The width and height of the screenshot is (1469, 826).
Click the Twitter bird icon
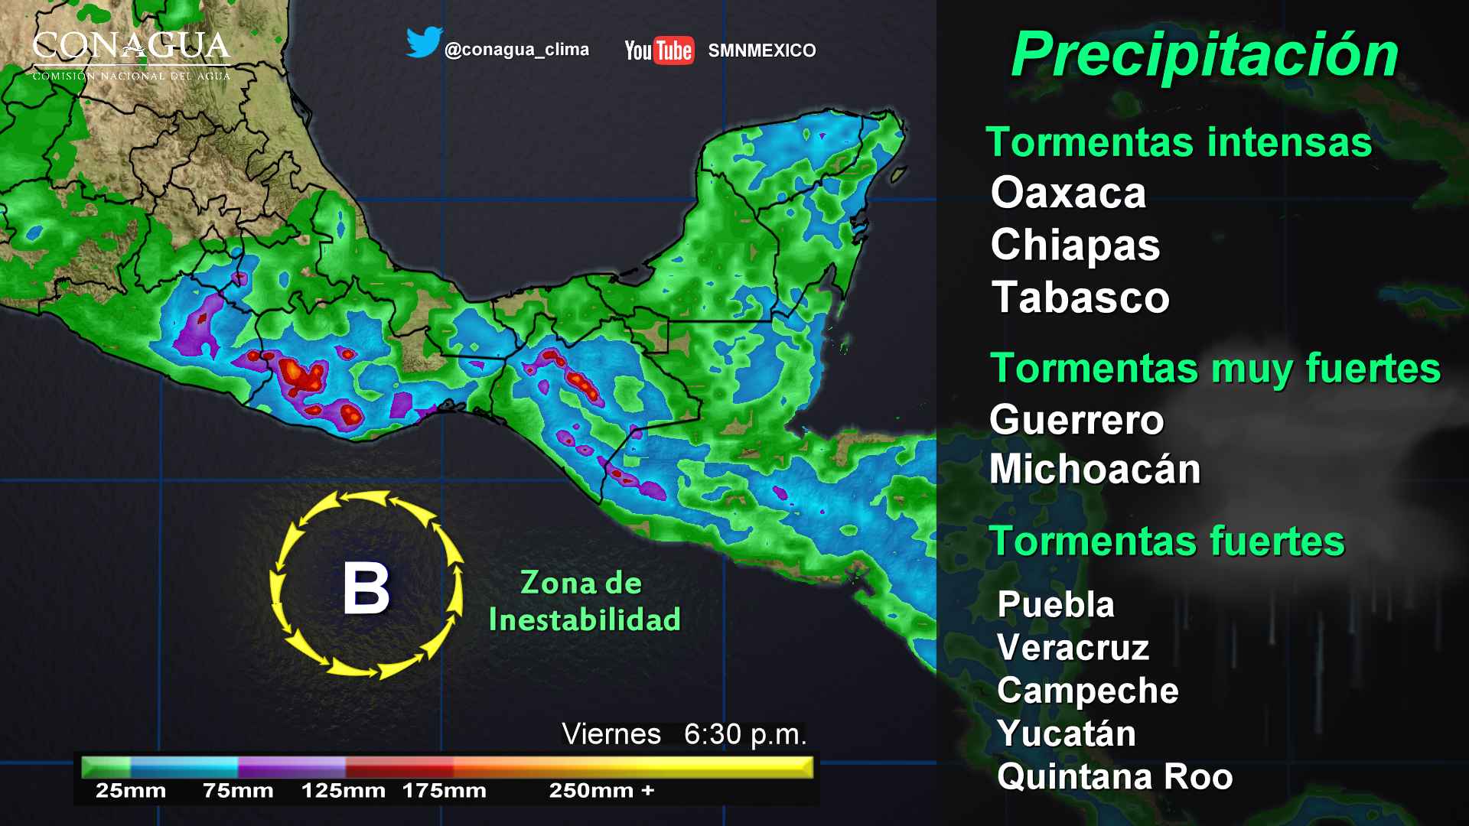click(x=424, y=43)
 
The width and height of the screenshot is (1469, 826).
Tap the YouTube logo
click(x=659, y=50)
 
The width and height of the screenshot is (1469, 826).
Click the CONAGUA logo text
click(x=131, y=48)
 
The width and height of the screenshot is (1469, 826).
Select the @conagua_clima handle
click(x=516, y=50)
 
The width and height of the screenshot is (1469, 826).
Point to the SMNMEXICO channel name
click(x=761, y=50)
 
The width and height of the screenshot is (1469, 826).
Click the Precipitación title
click(x=1204, y=55)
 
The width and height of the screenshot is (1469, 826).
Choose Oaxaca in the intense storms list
click(x=1068, y=192)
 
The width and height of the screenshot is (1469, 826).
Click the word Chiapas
click(x=1075, y=245)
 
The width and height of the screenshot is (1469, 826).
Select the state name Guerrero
click(x=1077, y=420)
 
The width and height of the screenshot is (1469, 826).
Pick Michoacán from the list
click(x=1095, y=469)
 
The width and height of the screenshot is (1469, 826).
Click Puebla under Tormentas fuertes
click(x=1056, y=604)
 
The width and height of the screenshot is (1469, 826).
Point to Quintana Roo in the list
click(x=1115, y=776)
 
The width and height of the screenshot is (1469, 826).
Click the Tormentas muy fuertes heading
click(x=1215, y=369)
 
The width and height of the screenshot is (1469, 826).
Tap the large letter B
click(x=366, y=588)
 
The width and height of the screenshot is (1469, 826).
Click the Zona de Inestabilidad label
click(x=584, y=601)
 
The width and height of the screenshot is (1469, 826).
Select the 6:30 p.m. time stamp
click(x=744, y=734)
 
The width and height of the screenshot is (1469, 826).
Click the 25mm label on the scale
click(x=131, y=791)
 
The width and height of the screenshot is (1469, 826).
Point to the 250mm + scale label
click(x=601, y=791)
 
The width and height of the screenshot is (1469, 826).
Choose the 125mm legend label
click(x=344, y=791)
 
